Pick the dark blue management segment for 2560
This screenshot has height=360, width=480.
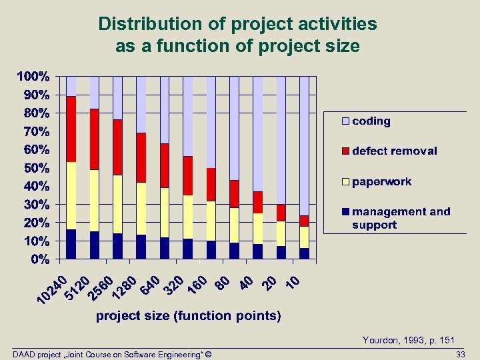117,246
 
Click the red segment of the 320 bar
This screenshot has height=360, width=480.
187,176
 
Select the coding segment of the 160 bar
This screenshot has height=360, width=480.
211,122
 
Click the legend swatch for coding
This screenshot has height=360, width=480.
346,121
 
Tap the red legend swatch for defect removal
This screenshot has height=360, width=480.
346,151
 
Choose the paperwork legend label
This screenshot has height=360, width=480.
382,181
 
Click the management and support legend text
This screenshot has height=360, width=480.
401,218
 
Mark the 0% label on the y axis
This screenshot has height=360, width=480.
40,258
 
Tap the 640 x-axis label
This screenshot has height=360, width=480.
150,284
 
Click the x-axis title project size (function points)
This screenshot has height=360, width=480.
189,315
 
